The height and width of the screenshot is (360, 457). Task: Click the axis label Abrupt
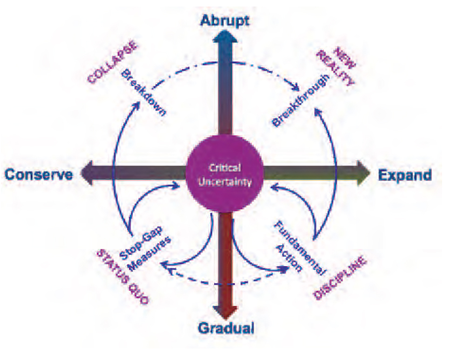click(x=225, y=21)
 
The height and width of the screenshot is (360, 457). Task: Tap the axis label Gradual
click(x=226, y=328)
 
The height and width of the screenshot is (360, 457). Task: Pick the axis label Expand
click(x=405, y=175)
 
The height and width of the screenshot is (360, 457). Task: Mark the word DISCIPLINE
click(x=340, y=277)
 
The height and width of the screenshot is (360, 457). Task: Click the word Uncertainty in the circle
click(x=225, y=182)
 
